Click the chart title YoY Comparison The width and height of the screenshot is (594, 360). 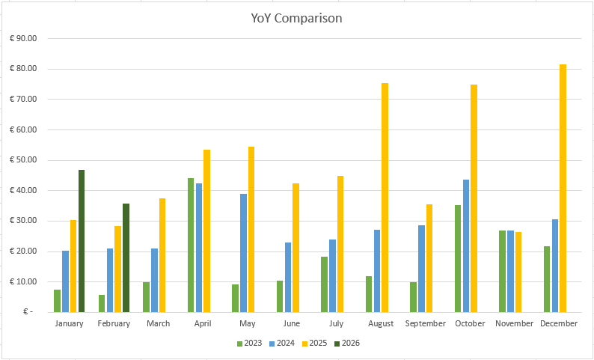pyautogui.click(x=297, y=18)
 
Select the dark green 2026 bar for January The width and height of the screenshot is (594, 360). pyautogui.click(x=82, y=240)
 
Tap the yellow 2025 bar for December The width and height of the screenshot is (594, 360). pyautogui.click(x=563, y=188)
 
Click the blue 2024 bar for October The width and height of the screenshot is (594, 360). pyautogui.click(x=466, y=245)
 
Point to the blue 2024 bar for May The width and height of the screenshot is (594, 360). pyautogui.click(x=244, y=252)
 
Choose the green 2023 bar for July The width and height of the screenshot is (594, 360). pyautogui.click(x=324, y=284)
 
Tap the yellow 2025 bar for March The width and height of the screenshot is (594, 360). pyautogui.click(x=162, y=254)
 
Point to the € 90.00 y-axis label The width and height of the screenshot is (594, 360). pyautogui.click(x=27, y=38)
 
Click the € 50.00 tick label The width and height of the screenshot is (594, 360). pyautogui.click(x=27, y=160)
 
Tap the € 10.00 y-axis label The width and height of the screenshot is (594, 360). pyautogui.click(x=27, y=281)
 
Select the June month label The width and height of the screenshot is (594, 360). pyautogui.click(x=292, y=323)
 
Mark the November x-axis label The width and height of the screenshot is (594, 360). pyautogui.click(x=514, y=323)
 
